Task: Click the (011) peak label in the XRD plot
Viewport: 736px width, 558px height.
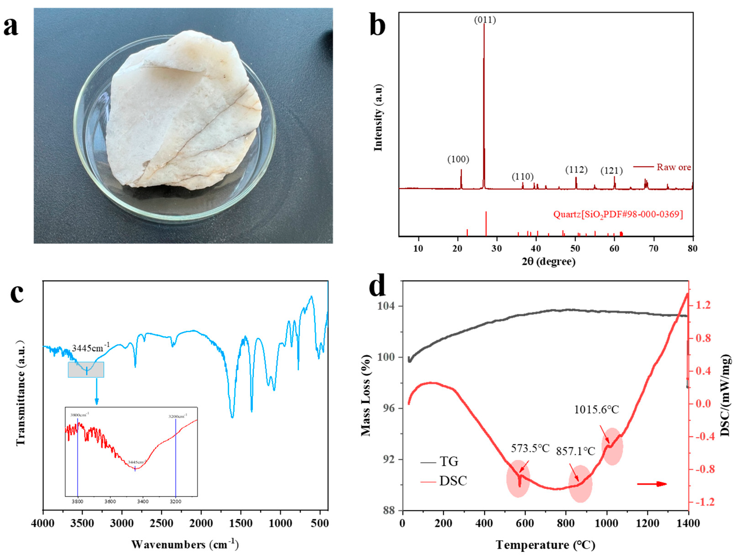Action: coord(485,20)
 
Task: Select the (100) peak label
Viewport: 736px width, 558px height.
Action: coord(458,160)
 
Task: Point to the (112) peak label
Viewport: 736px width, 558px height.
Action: coord(576,170)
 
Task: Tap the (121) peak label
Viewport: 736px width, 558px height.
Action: coord(611,171)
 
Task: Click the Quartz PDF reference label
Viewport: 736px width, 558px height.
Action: coord(618,214)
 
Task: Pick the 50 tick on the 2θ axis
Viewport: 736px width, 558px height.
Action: coord(575,249)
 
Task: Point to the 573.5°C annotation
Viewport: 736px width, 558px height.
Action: coord(530,448)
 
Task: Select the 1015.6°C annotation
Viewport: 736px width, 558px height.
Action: coord(597,410)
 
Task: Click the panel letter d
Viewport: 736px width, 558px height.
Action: coord(378,286)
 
